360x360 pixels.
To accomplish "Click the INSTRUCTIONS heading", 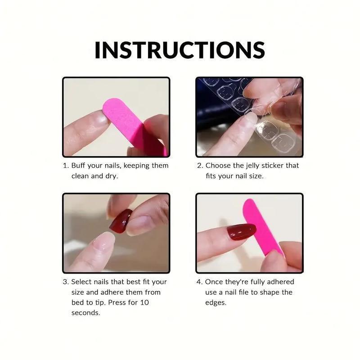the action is point(180,50).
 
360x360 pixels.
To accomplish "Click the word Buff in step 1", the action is point(78,165).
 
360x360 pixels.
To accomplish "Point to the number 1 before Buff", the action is point(65,166).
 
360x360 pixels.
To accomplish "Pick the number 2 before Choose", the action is point(199,166).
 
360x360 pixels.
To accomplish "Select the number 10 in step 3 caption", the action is point(144,302).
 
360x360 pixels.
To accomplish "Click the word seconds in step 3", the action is point(85,313).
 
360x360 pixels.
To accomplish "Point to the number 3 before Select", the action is point(65,282).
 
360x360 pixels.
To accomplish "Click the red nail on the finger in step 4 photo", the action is point(241,232).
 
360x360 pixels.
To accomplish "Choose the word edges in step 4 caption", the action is point(216,303).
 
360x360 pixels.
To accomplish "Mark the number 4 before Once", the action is point(199,282).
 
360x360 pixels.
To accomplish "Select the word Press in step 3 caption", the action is point(117,302).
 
